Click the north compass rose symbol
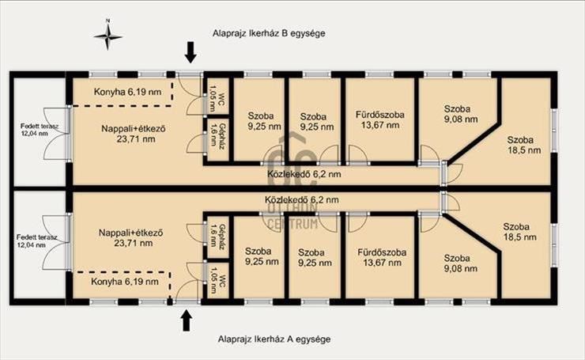coord(108,36)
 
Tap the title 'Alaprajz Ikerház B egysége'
coord(269,33)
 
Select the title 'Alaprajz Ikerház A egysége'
coord(274,339)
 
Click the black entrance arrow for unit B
coord(191,52)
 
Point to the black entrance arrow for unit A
coord(186,321)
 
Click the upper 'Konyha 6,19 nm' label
coord(127,92)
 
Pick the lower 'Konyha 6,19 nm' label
coord(125,282)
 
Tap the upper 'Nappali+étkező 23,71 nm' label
coord(134,134)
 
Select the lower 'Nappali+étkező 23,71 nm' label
coord(131,238)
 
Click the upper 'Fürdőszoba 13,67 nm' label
coord(379,120)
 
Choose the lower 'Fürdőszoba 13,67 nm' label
coord(382,257)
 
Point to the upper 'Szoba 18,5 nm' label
coord(524,145)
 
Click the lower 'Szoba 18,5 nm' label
coord(519,232)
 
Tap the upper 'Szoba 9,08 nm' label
coord(461,114)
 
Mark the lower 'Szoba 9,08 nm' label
coord(460,263)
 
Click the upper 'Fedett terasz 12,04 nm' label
coord(40,130)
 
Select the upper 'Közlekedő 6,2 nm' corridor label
coord(304,174)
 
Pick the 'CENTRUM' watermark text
coord(293,224)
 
